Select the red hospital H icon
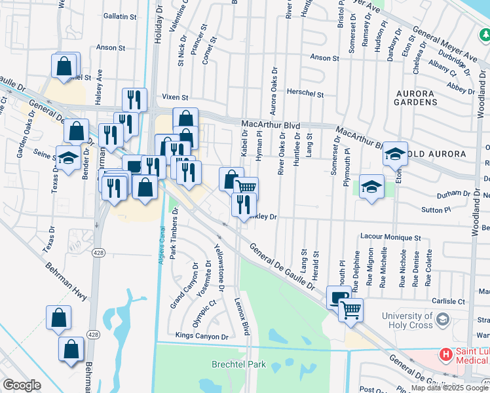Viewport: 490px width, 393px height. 446,355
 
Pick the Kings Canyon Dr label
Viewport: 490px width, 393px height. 202,336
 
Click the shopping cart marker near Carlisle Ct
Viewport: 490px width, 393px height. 351,309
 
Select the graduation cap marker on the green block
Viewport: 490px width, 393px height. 371,187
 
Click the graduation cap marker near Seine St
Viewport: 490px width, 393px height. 68,159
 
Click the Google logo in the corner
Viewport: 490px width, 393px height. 22,385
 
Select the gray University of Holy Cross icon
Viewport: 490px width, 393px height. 442,320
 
